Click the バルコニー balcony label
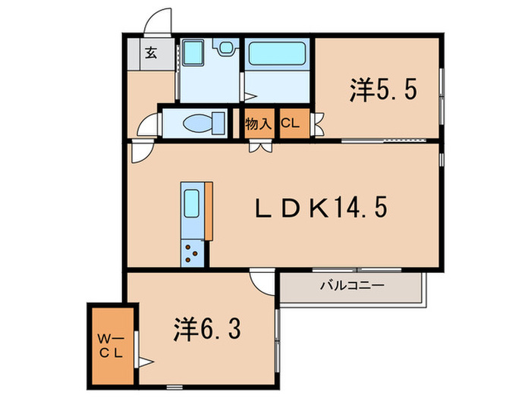[351, 286]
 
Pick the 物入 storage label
[259, 124]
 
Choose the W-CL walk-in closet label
[111, 345]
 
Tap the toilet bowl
[198, 123]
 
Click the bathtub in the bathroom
[276, 55]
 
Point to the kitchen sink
[192, 203]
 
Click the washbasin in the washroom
[193, 55]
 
